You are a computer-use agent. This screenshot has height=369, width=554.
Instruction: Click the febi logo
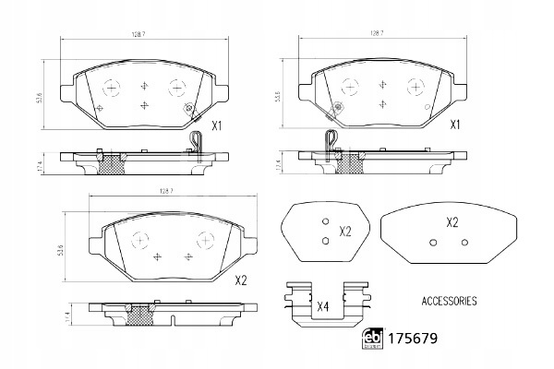coord(373,339)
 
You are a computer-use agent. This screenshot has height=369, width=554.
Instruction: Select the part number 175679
coord(413,339)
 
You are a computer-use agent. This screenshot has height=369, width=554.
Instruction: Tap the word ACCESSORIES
coord(449,302)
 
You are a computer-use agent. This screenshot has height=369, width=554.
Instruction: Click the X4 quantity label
coord(322,307)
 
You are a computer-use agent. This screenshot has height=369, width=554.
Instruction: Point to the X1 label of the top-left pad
coord(216,125)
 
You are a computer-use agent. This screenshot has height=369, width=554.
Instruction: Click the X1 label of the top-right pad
coord(454,125)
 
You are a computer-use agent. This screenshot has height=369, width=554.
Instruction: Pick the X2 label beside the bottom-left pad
coord(241,281)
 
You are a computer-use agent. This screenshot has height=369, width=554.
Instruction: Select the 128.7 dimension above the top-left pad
coord(138,34)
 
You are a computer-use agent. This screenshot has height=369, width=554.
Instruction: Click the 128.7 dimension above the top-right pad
coord(377,33)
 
